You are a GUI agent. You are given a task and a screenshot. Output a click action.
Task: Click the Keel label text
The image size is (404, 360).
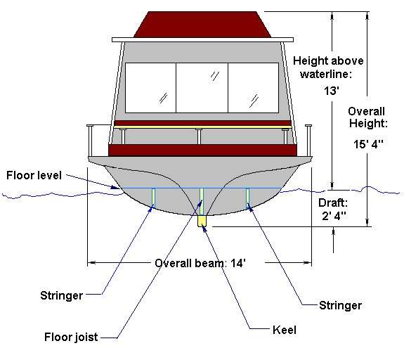(284, 330)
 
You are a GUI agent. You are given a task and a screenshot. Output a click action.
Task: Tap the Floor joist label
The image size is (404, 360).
(71, 337)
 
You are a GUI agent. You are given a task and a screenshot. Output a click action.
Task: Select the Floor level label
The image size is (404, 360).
(34, 175)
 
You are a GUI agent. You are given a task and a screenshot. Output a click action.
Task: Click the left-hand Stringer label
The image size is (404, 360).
(61, 295)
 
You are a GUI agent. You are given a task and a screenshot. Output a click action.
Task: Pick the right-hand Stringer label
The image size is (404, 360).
(340, 305)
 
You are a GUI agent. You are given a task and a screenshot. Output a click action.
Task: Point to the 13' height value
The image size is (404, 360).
(332, 91)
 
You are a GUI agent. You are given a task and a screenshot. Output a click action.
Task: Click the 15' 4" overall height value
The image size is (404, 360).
(368, 144)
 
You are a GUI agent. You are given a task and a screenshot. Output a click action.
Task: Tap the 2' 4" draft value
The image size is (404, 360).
(334, 216)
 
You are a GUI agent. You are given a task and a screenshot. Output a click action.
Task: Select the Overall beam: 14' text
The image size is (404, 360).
(200, 263)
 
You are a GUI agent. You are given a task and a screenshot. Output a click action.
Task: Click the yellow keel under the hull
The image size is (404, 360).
(202, 221)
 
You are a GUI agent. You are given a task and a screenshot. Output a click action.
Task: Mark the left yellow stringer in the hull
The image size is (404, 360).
(153, 198)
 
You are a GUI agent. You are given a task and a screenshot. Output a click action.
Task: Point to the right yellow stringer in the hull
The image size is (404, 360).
(247, 198)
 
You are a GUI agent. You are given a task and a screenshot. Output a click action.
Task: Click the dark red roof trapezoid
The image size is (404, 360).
(202, 25)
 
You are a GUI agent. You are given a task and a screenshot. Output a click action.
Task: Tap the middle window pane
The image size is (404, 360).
(202, 88)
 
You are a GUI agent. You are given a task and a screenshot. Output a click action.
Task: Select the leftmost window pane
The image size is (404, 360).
(150, 88)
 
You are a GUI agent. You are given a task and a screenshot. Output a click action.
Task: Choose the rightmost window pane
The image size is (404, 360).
(254, 88)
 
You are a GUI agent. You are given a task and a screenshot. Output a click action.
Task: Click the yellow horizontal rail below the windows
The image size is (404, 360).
(202, 127)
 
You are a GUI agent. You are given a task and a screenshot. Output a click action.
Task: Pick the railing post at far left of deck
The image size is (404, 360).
(90, 141)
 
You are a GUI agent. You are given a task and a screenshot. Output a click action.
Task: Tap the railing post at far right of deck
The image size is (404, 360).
(308, 141)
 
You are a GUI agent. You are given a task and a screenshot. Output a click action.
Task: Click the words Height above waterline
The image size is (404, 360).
(328, 67)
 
